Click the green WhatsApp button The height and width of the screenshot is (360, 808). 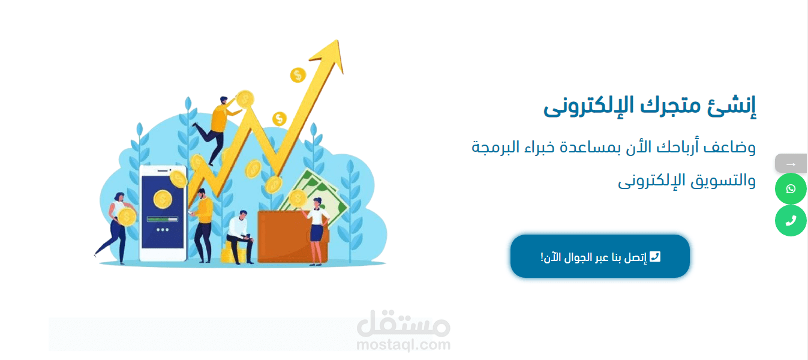tap(791, 188)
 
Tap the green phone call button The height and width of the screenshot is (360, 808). tap(791, 220)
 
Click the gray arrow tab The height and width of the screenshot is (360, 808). tap(791, 163)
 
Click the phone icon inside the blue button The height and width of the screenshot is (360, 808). tap(654, 256)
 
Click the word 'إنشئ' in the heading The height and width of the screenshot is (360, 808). tap(732, 106)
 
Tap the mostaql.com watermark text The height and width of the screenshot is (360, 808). tap(403, 344)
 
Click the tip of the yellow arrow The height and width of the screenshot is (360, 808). tap(338, 40)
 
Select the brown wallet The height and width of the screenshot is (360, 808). tap(292, 236)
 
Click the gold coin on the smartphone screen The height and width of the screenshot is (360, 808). tap(163, 199)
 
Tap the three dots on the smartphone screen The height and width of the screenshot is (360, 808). tap(163, 229)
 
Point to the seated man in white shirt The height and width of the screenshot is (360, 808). tap(240, 237)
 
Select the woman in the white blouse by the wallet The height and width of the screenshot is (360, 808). tap(316, 231)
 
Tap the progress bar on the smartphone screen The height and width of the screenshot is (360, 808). tap(163, 219)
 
